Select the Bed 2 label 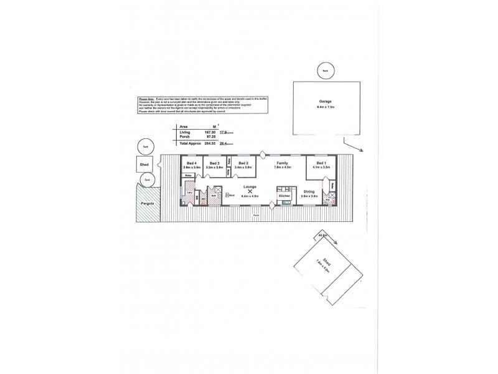point(243,163)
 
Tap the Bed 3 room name point(214,163)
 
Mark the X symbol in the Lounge point(250,192)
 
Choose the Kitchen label point(285,196)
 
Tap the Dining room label point(309,192)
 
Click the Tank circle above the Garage point(323,70)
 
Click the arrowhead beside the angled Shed point(336,244)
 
